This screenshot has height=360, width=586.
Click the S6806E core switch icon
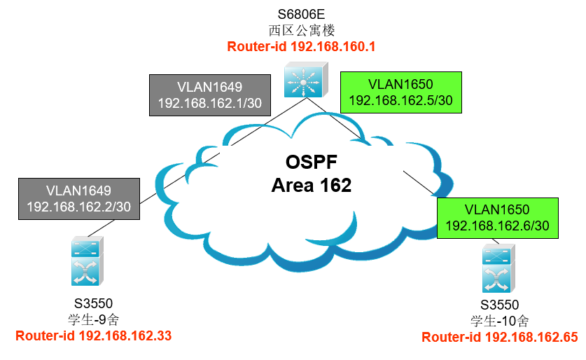coord(306,80)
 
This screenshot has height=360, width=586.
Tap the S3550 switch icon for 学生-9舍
coord(88,261)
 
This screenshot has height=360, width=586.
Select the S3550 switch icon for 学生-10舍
coord(498,268)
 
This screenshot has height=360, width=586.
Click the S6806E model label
coord(301,14)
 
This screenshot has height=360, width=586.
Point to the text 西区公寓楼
coord(301,30)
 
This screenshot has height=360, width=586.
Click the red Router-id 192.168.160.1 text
coord(301,47)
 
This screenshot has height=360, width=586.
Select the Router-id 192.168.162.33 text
coord(93,335)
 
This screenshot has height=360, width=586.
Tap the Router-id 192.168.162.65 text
coord(500,337)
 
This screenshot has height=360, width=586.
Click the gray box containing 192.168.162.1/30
coord(210,95)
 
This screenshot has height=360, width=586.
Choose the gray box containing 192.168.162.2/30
coord(79,199)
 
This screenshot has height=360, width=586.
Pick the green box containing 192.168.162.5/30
coord(401,92)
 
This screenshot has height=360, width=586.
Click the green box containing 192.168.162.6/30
coord(497,218)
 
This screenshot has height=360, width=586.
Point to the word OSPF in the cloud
coord(312,162)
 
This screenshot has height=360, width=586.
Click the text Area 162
coord(312,186)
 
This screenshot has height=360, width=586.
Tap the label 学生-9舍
coord(93,319)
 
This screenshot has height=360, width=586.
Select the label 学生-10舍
coord(500,321)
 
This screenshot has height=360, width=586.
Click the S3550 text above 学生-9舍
coord(93,303)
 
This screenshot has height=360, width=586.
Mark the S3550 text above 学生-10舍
coord(500,305)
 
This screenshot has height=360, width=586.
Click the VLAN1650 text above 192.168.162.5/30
coord(400,85)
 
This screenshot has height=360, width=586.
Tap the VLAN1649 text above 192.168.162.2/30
coord(79,191)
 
